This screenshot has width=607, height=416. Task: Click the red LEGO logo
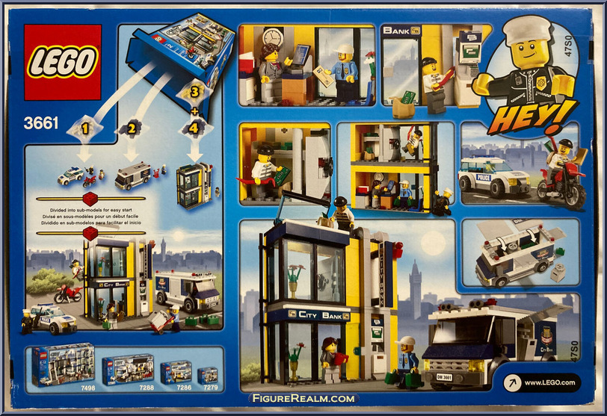pos(62,62)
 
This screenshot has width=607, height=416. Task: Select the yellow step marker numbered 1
pos(85,128)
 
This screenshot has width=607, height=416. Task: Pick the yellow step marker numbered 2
pos(132,128)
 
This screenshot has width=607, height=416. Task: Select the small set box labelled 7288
pos(128,369)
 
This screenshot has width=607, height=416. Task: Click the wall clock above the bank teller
pos(273,37)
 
